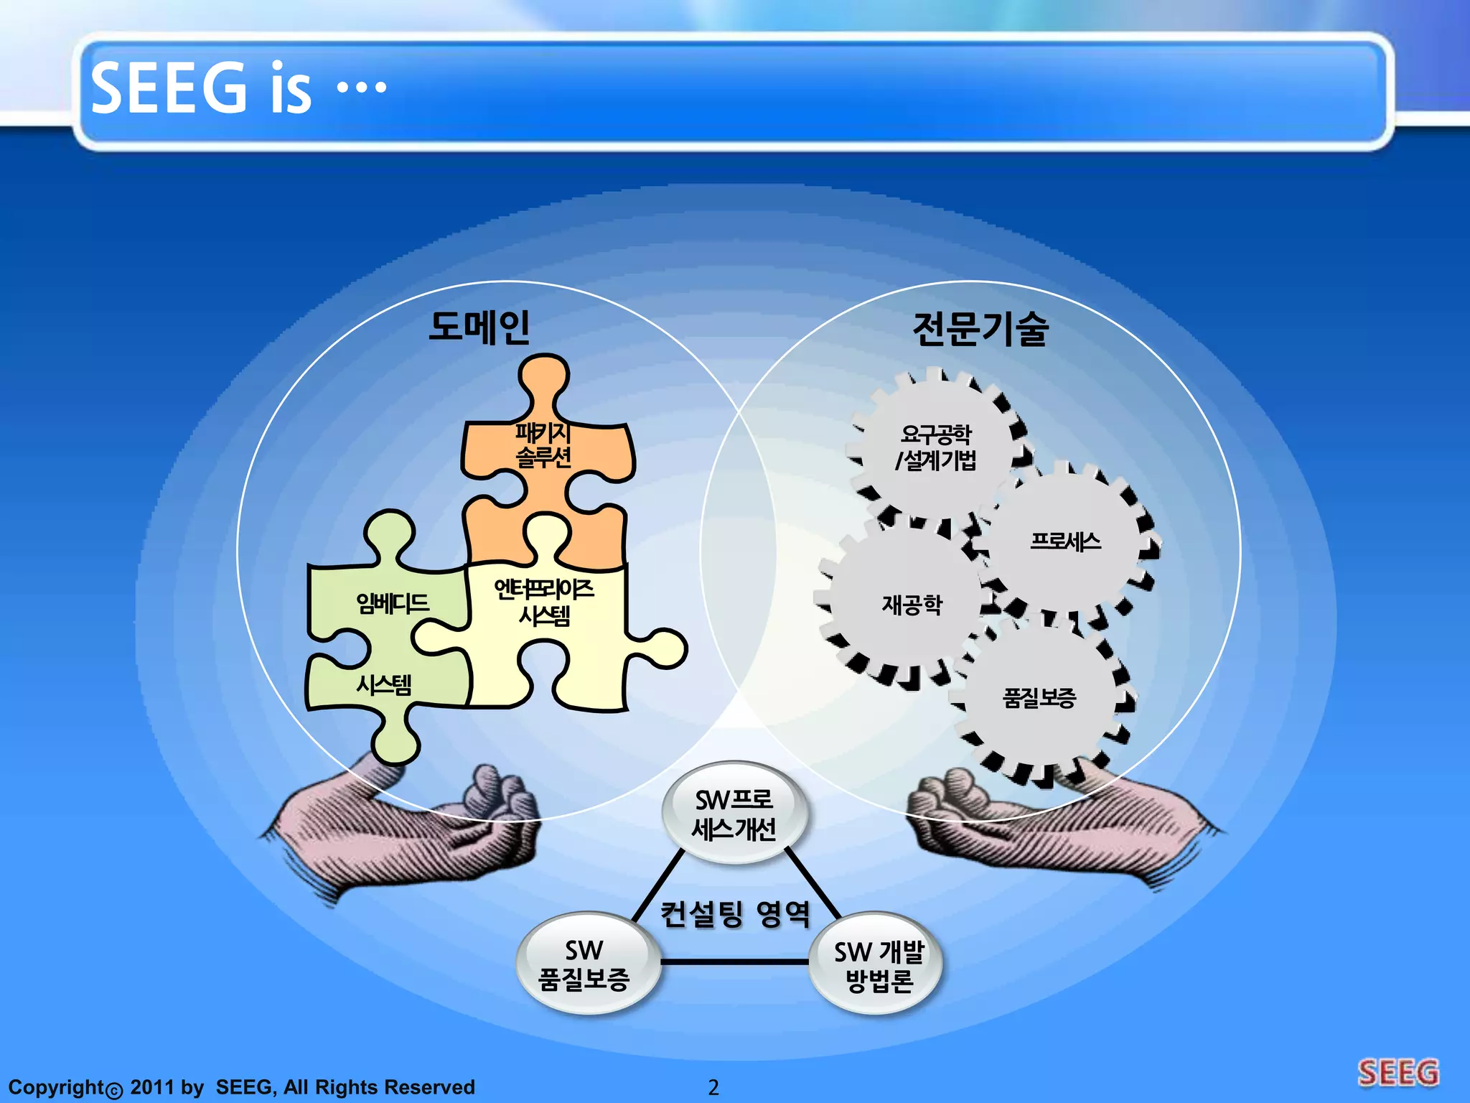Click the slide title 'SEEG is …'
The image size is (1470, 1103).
coord(238,88)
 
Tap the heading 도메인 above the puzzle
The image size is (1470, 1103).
coord(479,327)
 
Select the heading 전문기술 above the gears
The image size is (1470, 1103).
coord(980,330)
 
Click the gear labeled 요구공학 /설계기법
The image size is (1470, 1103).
coord(935,447)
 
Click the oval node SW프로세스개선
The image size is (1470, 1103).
coord(734,814)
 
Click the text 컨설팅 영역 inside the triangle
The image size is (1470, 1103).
coord(734,914)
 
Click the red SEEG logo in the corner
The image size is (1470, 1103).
coord(1398,1073)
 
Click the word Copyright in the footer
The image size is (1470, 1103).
coord(57,1087)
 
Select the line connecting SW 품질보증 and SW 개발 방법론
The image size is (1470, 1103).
coord(734,962)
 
